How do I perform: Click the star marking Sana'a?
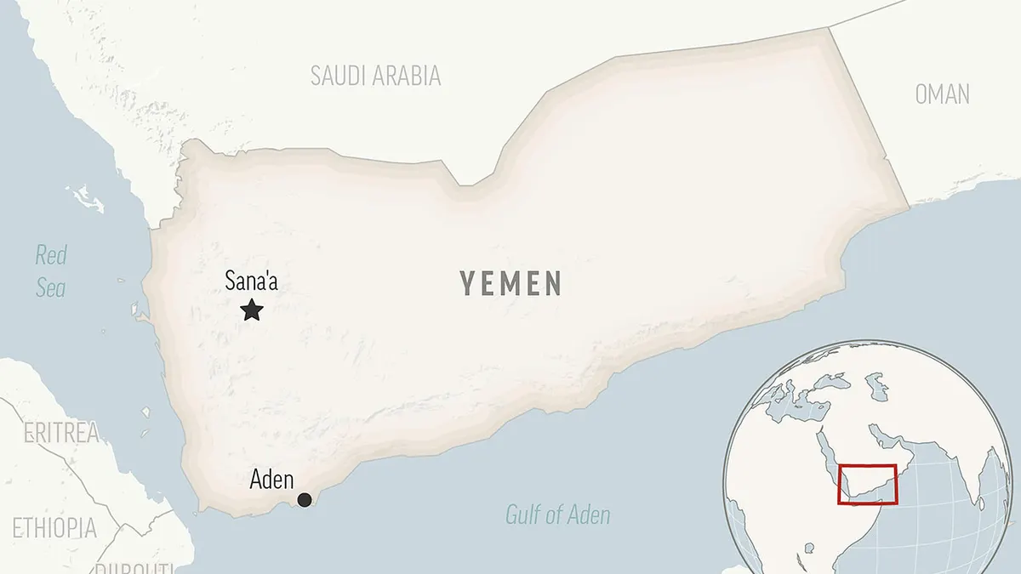tap(251, 310)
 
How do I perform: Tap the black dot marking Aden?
tap(304, 500)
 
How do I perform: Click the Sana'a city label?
tap(251, 281)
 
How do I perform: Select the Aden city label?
tap(271, 480)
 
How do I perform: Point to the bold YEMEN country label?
tap(511, 283)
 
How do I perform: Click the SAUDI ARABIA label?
tap(375, 76)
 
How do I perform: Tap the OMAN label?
tap(942, 94)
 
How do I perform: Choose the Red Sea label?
tap(51, 271)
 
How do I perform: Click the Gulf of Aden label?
tap(557, 514)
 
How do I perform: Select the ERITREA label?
tap(61, 433)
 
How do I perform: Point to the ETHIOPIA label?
tap(54, 527)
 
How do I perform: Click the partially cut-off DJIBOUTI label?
tap(136, 567)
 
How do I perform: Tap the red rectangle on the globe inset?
tap(867, 484)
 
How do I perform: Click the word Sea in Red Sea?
tap(51, 288)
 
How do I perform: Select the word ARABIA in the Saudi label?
tap(405, 76)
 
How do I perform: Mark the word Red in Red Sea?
tap(51, 254)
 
